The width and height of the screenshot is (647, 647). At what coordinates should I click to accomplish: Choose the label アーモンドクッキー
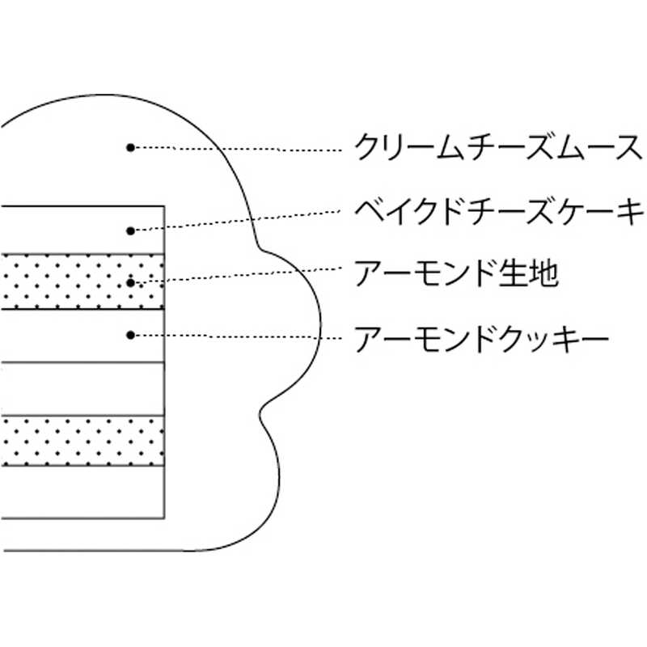pyautogui.click(x=481, y=334)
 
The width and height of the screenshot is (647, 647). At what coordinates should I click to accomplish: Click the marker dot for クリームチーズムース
pyautogui.click(x=129, y=147)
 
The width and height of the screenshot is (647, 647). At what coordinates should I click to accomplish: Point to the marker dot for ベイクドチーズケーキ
pyautogui.click(x=129, y=231)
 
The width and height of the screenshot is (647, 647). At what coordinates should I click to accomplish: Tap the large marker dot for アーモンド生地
pyautogui.click(x=129, y=282)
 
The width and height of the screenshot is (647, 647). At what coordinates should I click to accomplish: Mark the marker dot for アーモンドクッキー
pyautogui.click(x=129, y=334)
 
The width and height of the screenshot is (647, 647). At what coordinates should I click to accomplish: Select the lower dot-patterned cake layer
pyautogui.click(x=81, y=442)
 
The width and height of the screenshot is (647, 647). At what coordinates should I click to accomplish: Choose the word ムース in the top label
pyautogui.click(x=595, y=149)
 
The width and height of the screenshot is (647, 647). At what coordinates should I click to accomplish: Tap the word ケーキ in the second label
pyautogui.click(x=596, y=213)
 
